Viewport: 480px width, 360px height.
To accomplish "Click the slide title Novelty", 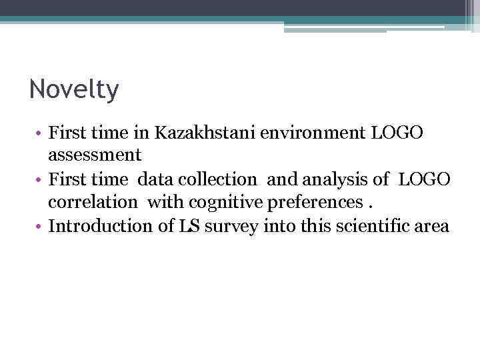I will click(74, 89).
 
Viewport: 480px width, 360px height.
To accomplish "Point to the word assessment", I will click(94, 155).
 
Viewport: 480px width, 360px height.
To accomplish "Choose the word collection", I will click(218, 179).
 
